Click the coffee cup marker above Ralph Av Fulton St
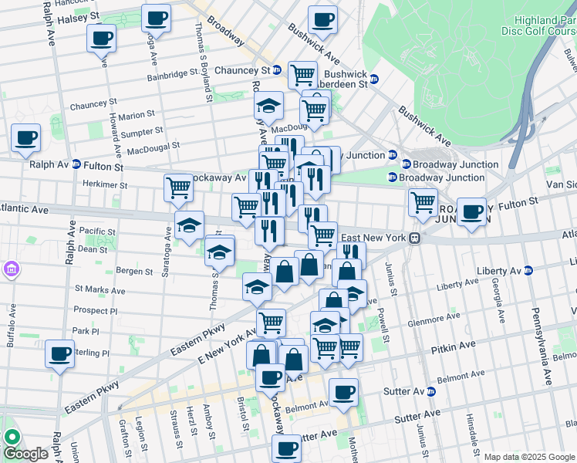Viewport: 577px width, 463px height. (x=25, y=138)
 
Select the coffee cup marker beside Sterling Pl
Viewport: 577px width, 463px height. (x=59, y=354)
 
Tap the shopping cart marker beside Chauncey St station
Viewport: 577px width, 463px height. (x=302, y=75)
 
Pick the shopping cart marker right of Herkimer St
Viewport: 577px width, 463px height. (x=178, y=187)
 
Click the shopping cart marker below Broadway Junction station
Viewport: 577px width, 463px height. (x=423, y=203)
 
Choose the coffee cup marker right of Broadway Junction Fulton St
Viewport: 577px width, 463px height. (x=471, y=212)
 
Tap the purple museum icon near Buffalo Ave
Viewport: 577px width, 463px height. (x=11, y=269)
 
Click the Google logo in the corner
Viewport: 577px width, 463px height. (x=25, y=454)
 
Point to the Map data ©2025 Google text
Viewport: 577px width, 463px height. (x=528, y=457)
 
